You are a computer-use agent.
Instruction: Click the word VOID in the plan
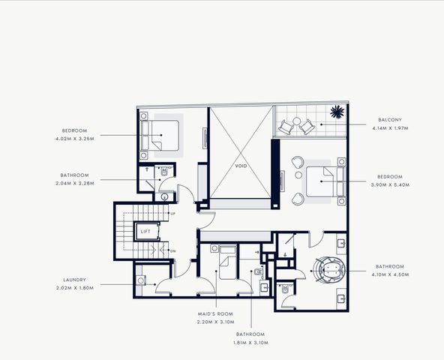point(241,166)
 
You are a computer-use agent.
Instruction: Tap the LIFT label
point(145,232)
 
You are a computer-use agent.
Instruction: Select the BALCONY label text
point(390,120)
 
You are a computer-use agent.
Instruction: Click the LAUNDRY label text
point(74,280)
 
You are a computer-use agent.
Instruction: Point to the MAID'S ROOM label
point(215,313)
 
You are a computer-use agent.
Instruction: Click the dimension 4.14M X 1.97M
point(390,128)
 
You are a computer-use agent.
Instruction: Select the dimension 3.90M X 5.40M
point(390,185)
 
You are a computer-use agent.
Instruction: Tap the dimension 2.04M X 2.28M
point(75,183)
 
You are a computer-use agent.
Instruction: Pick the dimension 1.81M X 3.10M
point(250,343)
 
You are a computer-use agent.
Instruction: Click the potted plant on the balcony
point(337,112)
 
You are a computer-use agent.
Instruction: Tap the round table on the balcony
point(296,121)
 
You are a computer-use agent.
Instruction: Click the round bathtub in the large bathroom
point(329,269)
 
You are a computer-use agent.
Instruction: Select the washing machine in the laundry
point(141,280)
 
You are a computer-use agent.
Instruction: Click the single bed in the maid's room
point(228,262)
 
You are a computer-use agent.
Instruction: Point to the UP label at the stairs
point(172,213)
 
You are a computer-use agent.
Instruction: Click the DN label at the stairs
point(172,251)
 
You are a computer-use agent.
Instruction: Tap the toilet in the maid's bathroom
point(259,272)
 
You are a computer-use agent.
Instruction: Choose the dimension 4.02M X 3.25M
point(75,139)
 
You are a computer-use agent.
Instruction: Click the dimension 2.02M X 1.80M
point(75,288)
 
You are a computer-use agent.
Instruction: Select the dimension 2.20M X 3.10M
point(216,322)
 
